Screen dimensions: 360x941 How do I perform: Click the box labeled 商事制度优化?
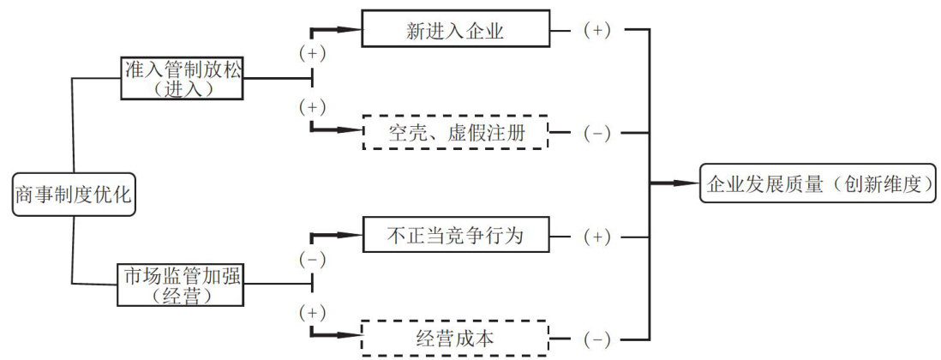[73, 195]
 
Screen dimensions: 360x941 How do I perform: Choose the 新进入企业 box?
[455, 30]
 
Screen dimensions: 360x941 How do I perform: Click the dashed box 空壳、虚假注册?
[455, 132]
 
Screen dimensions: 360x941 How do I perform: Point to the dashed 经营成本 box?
[455, 339]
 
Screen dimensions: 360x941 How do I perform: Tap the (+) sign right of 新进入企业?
[596, 30]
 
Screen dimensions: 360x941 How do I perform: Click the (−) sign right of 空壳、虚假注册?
[596, 133]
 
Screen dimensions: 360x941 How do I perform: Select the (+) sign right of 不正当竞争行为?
[596, 236]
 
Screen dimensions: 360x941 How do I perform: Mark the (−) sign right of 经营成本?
[596, 339]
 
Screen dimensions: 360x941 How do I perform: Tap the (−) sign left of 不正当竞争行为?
[311, 258]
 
